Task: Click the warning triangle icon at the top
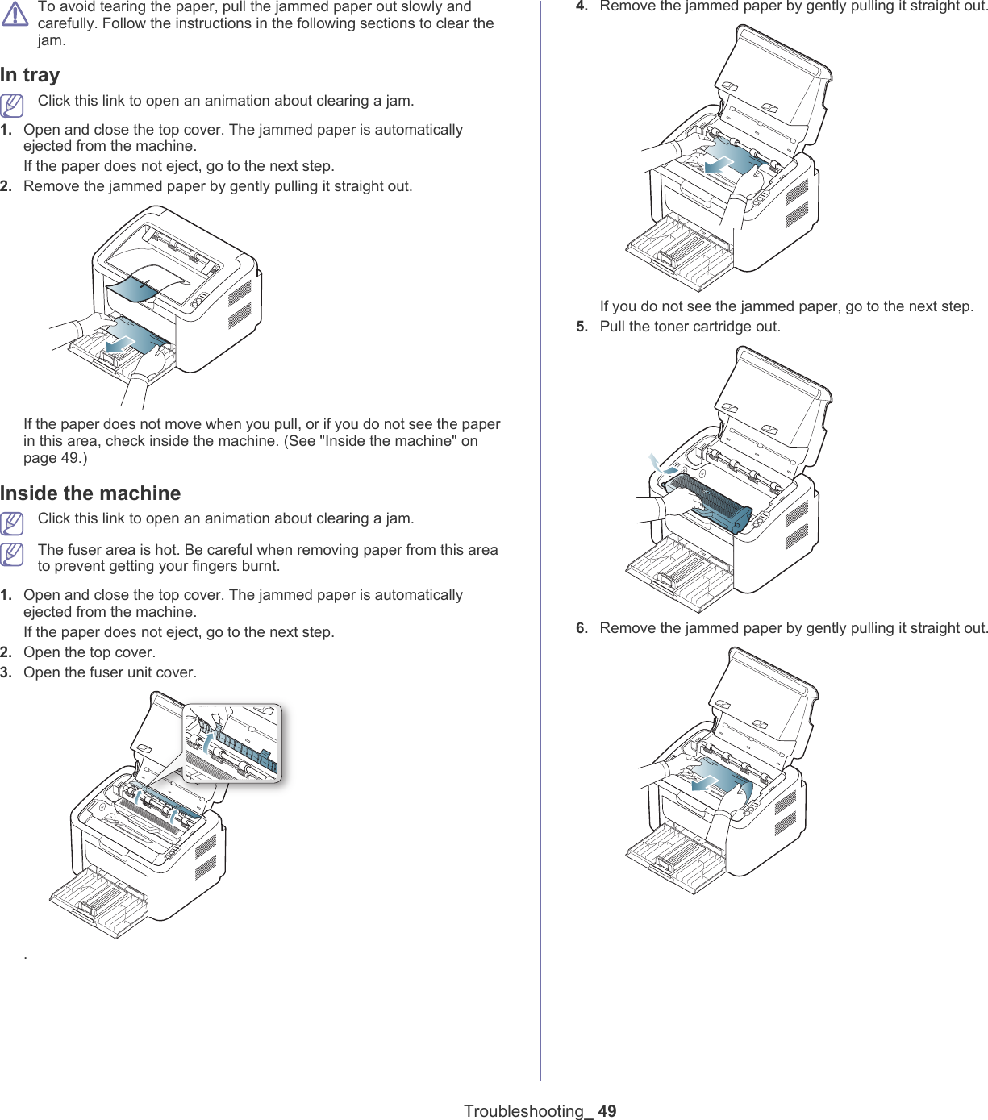15,14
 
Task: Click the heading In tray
30,75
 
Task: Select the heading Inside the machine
90,493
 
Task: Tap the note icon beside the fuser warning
12,555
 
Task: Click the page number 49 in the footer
607,1110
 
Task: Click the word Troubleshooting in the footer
523,1110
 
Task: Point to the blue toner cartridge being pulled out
710,502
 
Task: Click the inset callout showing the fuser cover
232,743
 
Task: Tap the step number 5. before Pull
582,327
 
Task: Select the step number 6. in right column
582,628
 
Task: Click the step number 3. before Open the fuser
6,672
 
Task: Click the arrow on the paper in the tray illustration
121,343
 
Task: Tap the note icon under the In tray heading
12,106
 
